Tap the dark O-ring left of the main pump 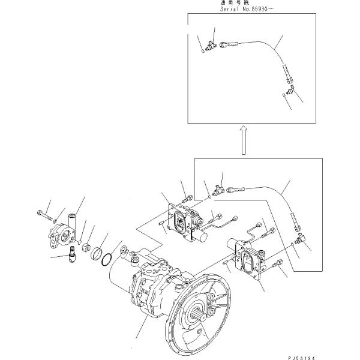tap(107, 259)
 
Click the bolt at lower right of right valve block tap(278, 263)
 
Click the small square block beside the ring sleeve tap(86, 247)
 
